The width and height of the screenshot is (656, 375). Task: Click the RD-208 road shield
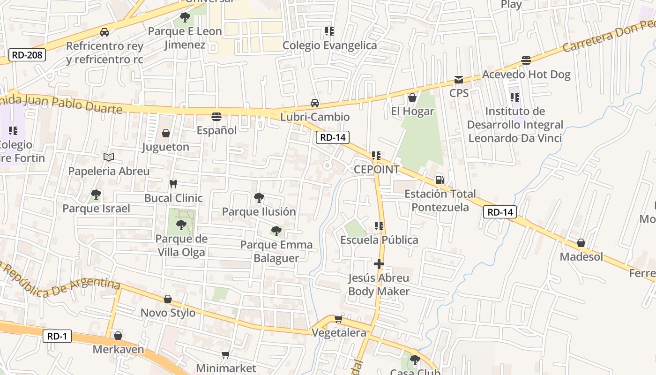(27, 55)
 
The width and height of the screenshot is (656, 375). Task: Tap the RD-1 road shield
(58, 336)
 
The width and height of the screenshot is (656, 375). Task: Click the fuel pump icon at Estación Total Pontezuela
(440, 180)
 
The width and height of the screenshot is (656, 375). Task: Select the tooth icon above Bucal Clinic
(173, 184)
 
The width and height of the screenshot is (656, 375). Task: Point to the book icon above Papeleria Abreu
(109, 157)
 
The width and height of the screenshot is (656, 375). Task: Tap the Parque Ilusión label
(259, 212)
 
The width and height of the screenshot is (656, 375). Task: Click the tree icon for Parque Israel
(96, 195)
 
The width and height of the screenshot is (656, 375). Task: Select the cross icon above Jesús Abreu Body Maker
(379, 264)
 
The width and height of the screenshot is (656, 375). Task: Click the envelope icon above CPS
(458, 80)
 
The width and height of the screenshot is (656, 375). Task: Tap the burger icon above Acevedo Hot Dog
(526, 60)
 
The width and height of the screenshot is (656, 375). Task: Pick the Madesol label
(581, 257)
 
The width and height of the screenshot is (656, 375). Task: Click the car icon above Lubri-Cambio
(315, 103)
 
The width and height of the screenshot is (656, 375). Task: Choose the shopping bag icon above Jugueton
(165, 134)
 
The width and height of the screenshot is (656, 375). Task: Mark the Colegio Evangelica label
(329, 45)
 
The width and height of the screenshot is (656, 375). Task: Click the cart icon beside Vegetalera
(338, 319)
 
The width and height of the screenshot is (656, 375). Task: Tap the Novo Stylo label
(168, 313)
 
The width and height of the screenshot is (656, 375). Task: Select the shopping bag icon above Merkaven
(118, 336)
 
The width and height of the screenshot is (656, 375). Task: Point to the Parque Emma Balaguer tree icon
(276, 231)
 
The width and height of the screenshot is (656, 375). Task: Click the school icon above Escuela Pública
(379, 226)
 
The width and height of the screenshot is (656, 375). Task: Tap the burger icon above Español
(216, 116)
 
